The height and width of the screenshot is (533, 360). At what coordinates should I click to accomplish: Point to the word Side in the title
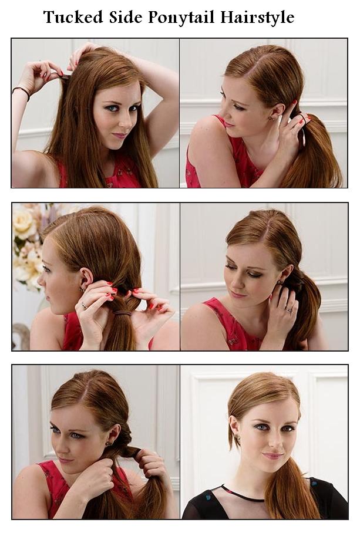coord(125,18)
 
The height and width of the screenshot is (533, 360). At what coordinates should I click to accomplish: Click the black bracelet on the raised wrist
coord(21,92)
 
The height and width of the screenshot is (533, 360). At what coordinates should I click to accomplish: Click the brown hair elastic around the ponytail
coord(122,313)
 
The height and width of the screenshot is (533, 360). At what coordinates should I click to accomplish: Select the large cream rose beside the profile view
coord(25,224)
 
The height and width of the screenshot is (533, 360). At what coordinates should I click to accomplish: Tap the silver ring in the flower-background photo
coord(84,305)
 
